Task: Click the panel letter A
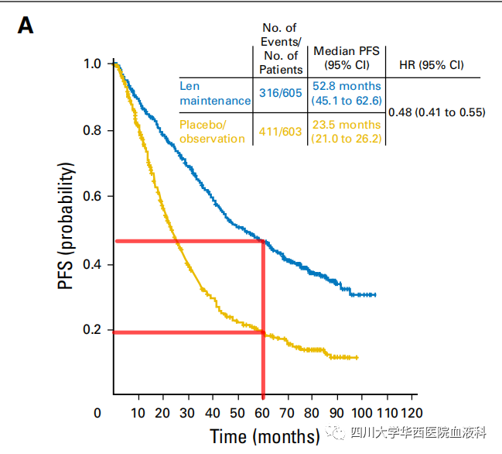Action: [26, 26]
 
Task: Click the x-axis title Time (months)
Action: [264, 435]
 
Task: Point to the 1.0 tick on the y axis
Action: [92, 64]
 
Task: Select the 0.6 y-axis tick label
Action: [92, 197]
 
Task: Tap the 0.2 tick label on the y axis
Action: [92, 330]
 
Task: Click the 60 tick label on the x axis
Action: [263, 412]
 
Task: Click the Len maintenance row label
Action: [214, 93]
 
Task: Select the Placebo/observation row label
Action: [212, 131]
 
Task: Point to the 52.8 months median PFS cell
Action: [346, 93]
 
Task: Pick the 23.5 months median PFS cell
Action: [346, 131]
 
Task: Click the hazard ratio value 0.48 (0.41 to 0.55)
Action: [436, 112]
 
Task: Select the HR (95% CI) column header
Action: [432, 64]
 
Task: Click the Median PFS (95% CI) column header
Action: [346, 57]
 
